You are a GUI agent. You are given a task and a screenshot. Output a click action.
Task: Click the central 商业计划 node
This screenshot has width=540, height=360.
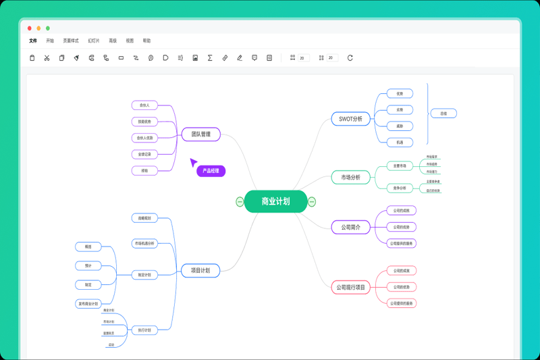[275, 201]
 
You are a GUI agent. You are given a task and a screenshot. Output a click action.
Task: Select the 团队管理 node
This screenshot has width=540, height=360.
[201, 134]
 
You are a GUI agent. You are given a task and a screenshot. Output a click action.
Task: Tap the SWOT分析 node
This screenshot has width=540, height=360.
[351, 119]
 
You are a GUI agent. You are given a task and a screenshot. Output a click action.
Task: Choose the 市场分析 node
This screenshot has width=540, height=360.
[351, 178]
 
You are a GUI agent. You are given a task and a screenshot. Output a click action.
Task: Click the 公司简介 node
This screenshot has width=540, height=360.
[351, 228]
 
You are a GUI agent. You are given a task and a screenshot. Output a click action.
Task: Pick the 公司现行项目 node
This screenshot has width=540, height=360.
[351, 288]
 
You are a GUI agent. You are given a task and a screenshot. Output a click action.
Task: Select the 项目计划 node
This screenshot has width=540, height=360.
[200, 271]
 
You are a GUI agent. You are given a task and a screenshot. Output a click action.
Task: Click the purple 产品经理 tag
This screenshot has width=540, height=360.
[211, 171]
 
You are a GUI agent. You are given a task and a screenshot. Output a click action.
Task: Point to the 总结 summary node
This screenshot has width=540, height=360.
[443, 113]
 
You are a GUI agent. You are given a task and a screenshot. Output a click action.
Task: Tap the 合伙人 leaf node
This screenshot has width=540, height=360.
[144, 105]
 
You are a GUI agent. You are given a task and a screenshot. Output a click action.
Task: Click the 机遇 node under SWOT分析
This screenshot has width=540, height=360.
[400, 143]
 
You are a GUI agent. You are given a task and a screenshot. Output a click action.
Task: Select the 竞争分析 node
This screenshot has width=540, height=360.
[400, 188]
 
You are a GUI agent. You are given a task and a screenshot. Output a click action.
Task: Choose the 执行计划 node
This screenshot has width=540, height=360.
[144, 330]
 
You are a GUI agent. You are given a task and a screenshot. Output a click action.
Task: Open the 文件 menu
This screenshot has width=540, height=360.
[33, 41]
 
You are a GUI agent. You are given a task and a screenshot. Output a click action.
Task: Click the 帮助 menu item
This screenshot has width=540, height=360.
[146, 41]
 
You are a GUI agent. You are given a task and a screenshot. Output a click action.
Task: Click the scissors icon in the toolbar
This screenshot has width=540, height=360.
[47, 58]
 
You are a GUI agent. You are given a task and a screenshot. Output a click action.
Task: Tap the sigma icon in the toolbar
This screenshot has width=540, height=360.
[210, 58]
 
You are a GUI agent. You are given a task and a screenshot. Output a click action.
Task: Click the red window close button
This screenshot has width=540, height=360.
[30, 28]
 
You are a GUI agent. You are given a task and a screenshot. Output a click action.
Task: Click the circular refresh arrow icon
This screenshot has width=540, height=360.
[350, 58]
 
